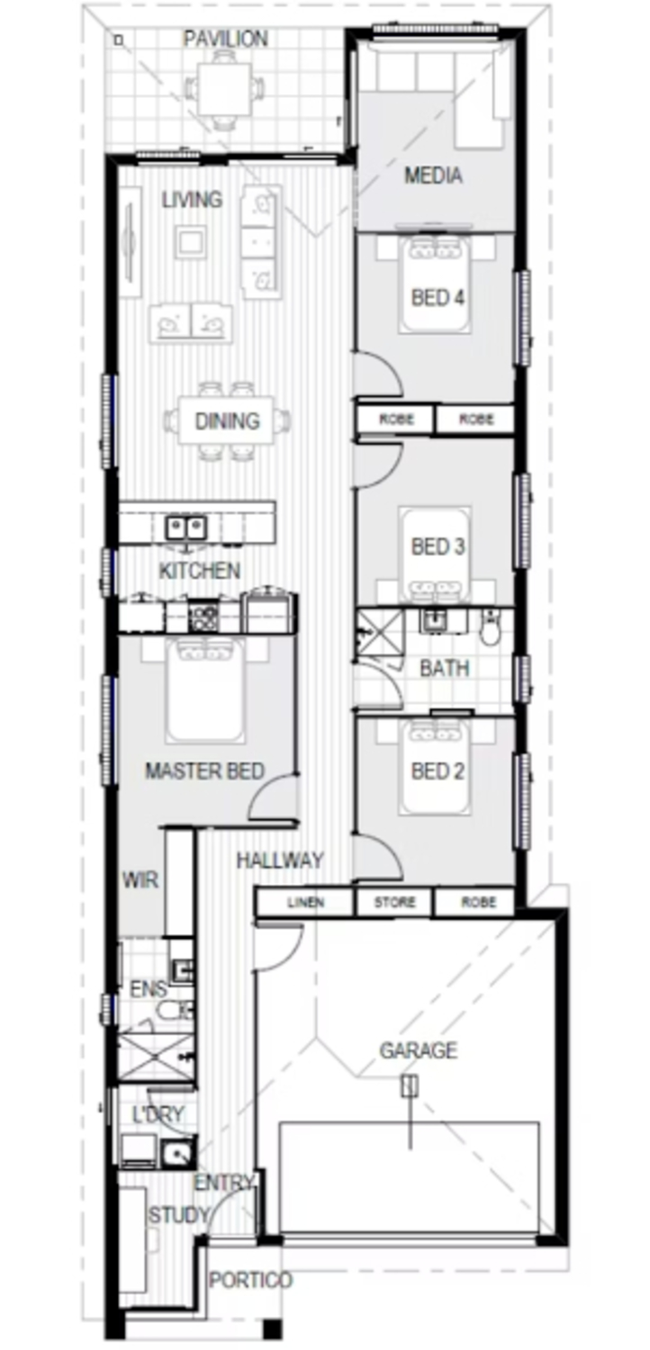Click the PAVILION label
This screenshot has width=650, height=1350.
[225, 39]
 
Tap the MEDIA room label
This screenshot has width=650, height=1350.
[433, 175]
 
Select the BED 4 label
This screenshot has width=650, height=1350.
[437, 298]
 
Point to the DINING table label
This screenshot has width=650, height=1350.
[227, 420]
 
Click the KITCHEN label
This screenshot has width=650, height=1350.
[200, 571]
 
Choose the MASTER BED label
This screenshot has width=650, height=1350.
[204, 771]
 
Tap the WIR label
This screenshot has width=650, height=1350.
[140, 879]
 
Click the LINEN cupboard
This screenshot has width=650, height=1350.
[306, 903]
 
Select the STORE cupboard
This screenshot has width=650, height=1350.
[395, 903]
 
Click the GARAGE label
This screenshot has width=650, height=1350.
[418, 1050]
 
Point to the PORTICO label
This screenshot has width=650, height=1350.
[250, 1280]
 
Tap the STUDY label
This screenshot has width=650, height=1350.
[178, 1216]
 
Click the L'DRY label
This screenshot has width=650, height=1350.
[158, 1114]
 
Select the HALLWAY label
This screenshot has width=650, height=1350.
[279, 860]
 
